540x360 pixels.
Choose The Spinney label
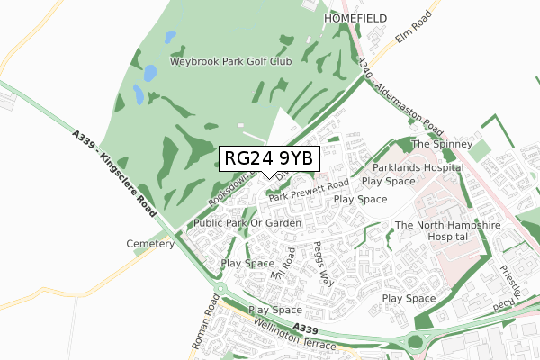441,144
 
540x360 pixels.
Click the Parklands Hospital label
413,167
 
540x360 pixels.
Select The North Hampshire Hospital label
433,231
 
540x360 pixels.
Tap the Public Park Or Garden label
247,221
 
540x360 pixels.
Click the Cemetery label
150,244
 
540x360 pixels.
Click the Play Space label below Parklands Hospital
388,181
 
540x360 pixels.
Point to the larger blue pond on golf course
139,94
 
